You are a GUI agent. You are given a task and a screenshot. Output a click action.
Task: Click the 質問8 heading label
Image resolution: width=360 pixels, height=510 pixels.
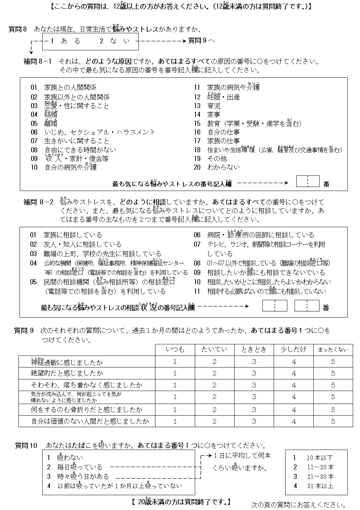[x=18, y=30]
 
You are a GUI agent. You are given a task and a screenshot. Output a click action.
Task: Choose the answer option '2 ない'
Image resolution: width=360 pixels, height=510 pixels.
[x=114, y=41]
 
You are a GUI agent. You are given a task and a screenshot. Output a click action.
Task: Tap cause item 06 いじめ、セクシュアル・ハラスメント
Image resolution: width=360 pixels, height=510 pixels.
[x=93, y=132]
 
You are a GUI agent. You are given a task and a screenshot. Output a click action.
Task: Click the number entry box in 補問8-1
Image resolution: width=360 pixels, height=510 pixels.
[x=308, y=182]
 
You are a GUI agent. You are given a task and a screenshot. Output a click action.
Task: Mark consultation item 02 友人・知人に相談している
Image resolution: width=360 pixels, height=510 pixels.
[x=76, y=245]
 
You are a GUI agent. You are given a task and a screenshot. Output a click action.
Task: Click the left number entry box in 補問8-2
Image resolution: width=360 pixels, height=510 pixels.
[x=275, y=306]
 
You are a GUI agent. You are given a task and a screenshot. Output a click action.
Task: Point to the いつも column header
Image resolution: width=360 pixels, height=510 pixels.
[x=175, y=349]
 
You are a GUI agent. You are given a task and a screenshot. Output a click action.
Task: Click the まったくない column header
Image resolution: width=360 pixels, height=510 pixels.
[x=333, y=349]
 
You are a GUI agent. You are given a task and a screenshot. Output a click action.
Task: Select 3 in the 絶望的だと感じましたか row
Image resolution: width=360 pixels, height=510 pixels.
[x=254, y=373]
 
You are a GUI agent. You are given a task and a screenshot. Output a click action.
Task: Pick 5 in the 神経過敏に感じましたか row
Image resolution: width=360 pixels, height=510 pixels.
[x=333, y=361]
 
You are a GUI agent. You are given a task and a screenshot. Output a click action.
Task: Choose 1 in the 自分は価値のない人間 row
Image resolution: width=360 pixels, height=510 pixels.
[x=175, y=421]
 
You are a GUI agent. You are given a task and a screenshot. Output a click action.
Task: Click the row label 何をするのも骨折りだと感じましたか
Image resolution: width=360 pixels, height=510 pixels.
[x=87, y=409]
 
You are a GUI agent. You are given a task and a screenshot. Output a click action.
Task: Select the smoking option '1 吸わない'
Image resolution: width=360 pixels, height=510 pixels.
[x=65, y=458]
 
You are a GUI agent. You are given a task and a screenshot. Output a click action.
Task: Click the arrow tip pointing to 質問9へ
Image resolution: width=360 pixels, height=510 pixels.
[x=185, y=41]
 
